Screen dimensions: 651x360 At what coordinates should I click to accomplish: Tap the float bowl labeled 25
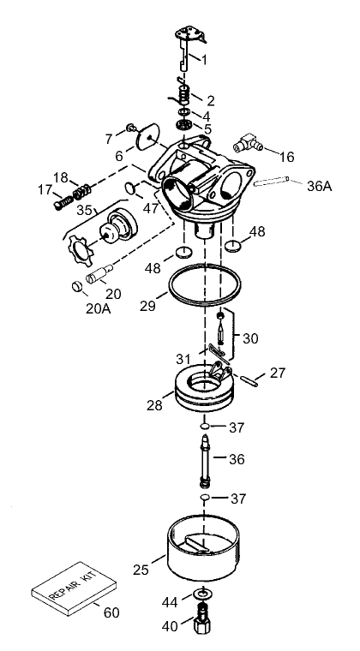[x=201, y=557]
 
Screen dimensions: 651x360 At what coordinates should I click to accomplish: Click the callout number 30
[x=249, y=337]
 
